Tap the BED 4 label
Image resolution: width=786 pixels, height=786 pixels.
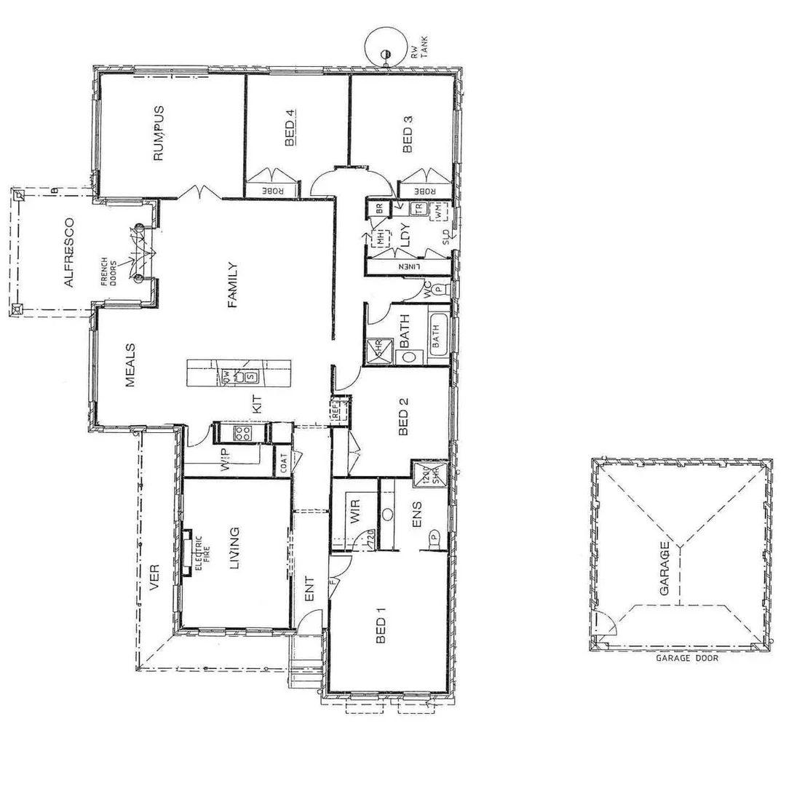pyautogui.click(x=290, y=128)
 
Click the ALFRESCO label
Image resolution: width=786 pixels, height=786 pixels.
pyautogui.click(x=68, y=252)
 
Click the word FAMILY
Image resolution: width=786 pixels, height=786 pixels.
pyautogui.click(x=233, y=285)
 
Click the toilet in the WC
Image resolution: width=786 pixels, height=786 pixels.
pyautogui.click(x=439, y=289)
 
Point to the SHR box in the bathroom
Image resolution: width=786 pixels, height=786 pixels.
pyautogui.click(x=379, y=347)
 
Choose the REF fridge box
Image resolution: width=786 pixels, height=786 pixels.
pyautogui.click(x=338, y=410)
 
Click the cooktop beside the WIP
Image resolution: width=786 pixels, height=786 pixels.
pyautogui.click(x=242, y=434)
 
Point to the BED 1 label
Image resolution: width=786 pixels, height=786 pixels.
pyautogui.click(x=379, y=626)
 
